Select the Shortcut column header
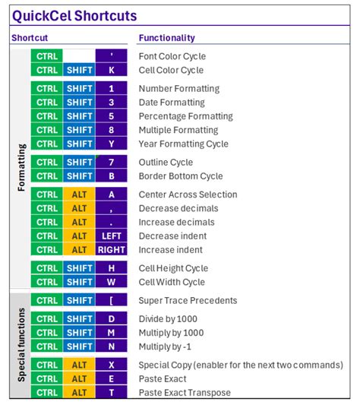(x=30, y=38)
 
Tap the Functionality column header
(x=166, y=38)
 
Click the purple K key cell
(x=111, y=70)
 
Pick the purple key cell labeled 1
(x=111, y=89)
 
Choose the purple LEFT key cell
(x=111, y=236)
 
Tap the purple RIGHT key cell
(x=111, y=250)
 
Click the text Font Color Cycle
(x=172, y=56)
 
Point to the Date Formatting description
(x=172, y=103)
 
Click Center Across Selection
(x=188, y=195)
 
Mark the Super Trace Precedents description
(x=188, y=301)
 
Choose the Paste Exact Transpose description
(x=185, y=393)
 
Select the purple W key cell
(x=111, y=282)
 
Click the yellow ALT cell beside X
(x=79, y=365)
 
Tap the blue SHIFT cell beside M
(x=79, y=333)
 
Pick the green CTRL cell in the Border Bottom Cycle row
(x=47, y=176)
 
